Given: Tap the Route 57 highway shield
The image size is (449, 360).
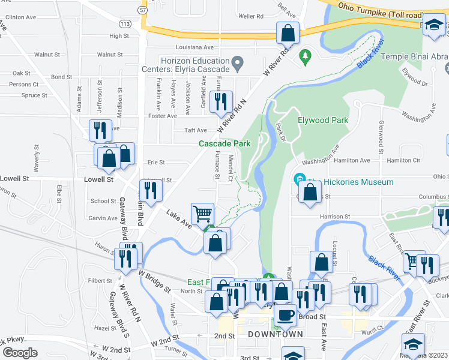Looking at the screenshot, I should click(x=142, y=10).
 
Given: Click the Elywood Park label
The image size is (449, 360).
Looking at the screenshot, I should click(x=323, y=120).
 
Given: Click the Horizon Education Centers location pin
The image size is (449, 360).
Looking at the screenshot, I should click(x=238, y=62).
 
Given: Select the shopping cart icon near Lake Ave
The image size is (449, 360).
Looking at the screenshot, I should click(x=203, y=214).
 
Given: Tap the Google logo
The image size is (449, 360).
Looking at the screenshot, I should click(x=20, y=352).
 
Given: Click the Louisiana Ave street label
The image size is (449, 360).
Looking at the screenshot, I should click(x=194, y=47).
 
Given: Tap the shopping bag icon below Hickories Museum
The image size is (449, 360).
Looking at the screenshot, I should click(x=310, y=193).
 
